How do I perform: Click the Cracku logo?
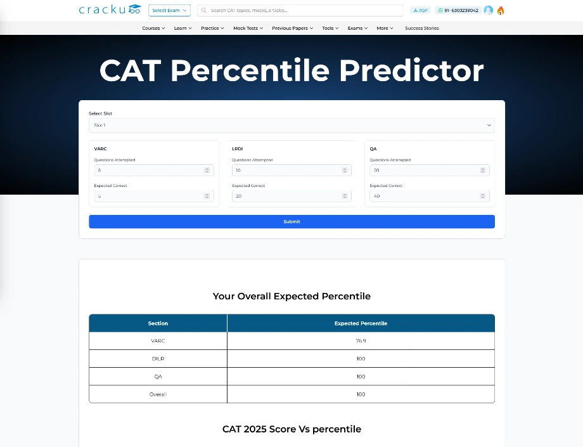109,10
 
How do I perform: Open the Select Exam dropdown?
169,11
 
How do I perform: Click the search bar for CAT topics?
300,11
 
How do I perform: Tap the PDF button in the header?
420,11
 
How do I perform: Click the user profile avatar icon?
488,11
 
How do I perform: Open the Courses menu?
153,29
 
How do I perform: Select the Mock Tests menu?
248,29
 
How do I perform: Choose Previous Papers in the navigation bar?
292,29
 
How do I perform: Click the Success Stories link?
421,29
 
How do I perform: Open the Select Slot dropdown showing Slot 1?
291,126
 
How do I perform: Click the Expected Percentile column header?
361,323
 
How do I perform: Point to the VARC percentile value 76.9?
361,341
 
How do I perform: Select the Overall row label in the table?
158,394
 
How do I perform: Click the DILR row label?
158,359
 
